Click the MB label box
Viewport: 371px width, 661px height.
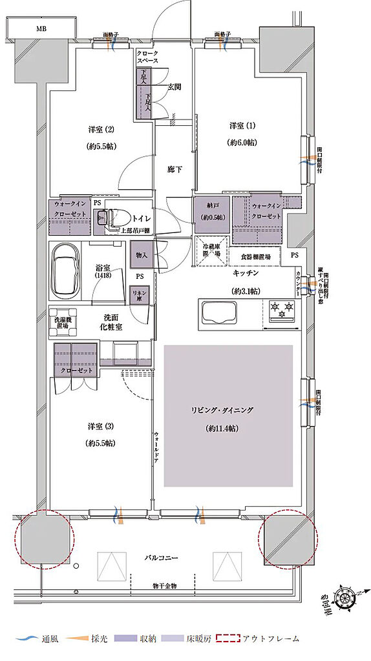[41, 28]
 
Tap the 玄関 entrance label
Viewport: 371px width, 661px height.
[174, 86]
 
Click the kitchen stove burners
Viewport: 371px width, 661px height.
[281, 312]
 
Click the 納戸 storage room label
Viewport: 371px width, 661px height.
[211, 212]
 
